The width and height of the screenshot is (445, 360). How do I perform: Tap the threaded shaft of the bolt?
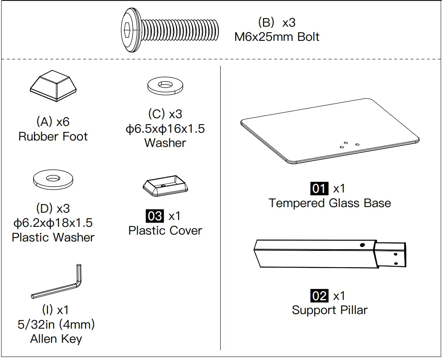(x=181, y=30)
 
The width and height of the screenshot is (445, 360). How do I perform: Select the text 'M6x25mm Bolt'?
(x=276, y=37)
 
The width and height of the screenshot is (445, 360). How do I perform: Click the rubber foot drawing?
(x=53, y=87)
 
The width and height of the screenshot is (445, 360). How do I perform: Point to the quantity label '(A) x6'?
(x=53, y=122)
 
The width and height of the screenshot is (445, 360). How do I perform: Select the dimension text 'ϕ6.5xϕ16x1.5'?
(x=165, y=128)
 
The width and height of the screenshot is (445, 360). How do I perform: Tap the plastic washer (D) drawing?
(x=53, y=179)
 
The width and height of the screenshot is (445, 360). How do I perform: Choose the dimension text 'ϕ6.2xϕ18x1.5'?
(x=53, y=223)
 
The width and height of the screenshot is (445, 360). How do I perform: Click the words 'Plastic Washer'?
(x=53, y=237)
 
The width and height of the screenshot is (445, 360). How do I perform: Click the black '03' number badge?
(x=155, y=216)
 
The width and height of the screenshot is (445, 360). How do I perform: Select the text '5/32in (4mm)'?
(x=56, y=324)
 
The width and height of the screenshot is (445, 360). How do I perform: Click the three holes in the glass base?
(x=349, y=144)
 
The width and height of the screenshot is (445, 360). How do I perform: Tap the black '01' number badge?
(x=319, y=188)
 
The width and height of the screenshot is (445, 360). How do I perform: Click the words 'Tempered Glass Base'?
(x=330, y=203)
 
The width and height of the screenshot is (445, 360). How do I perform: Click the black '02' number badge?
(x=319, y=296)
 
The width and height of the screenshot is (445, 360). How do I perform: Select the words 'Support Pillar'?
(x=330, y=310)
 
